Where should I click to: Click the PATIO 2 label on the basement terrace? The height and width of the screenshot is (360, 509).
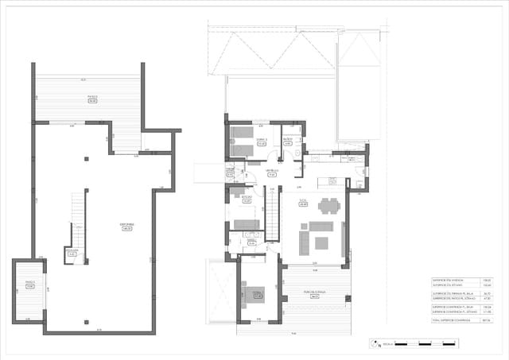[92, 100]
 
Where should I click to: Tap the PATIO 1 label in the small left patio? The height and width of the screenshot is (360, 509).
[29, 285]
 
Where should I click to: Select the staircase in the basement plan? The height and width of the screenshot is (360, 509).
[78, 219]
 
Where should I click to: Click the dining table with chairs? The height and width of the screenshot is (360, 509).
[328, 207]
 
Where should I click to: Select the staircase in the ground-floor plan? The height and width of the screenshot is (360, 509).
[271, 214]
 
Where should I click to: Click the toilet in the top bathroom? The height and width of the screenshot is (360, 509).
[294, 154]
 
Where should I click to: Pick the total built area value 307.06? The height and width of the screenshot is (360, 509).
[487, 320]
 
